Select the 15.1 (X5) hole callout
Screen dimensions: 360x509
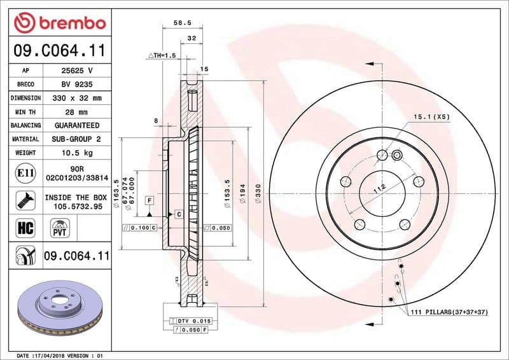point(432,117)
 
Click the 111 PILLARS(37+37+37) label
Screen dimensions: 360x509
point(448,312)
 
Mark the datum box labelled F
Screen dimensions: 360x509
point(150,200)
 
